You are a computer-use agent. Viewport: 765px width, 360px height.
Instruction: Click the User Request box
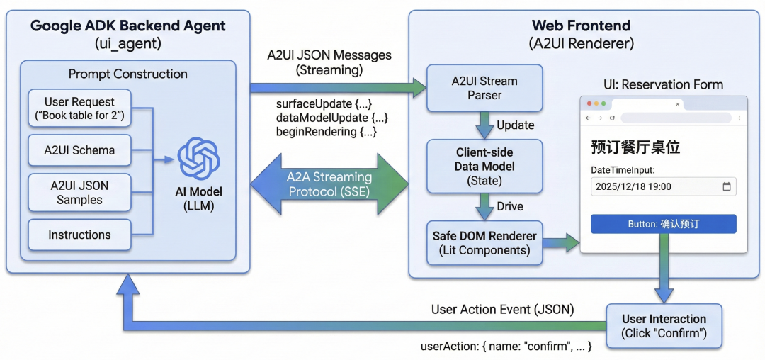pos(79,108)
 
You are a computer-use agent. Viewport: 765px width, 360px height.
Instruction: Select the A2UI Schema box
pos(79,150)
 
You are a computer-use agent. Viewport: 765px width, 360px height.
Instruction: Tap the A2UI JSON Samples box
pos(79,193)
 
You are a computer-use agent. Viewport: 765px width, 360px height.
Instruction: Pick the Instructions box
pos(79,235)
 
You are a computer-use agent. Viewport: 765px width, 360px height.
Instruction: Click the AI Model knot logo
pos(198,158)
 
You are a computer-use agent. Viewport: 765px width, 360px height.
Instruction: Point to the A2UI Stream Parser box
pos(484,88)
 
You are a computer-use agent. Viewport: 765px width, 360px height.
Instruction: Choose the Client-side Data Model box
pos(484,165)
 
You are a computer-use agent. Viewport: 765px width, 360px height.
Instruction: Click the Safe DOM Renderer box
pos(484,242)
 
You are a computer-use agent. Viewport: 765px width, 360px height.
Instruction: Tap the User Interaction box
pos(664,326)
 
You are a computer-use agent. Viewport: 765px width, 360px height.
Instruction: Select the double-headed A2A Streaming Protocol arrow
pos(330,184)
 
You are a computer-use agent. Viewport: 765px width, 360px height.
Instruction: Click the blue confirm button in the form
pos(664,224)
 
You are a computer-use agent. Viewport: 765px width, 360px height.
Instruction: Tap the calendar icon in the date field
pos(726,187)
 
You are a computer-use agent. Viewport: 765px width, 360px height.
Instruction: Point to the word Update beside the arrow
pos(516,125)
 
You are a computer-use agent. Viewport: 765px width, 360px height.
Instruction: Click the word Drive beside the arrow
pos(510,206)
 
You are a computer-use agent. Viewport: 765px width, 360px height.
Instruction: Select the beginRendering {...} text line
pos(326,132)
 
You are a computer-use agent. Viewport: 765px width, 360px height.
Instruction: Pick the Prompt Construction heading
pos(128,74)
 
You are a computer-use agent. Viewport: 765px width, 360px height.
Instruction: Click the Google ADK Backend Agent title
pos(128,26)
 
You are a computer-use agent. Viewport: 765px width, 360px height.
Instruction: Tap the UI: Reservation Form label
pos(663,84)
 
